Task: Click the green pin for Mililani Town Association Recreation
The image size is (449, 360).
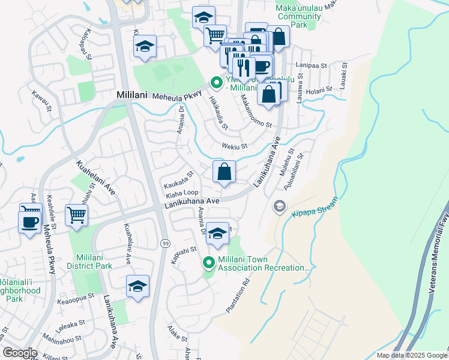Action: tap(209, 262)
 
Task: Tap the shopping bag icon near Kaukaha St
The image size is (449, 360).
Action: tap(224, 172)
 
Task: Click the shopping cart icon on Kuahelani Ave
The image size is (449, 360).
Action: tap(77, 215)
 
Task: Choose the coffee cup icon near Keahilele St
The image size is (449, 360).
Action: tap(29, 223)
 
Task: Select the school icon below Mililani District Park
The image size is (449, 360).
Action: tap(137, 286)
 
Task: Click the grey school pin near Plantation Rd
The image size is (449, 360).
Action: tap(279, 207)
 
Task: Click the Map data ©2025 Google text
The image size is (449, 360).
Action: tap(412, 355)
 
